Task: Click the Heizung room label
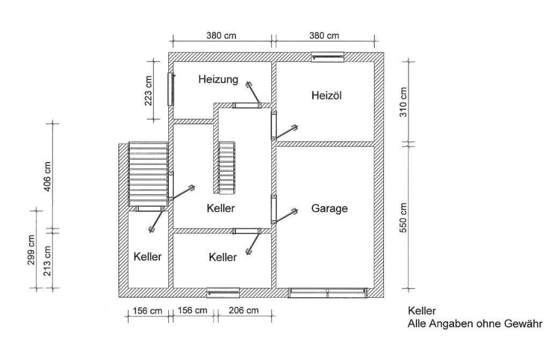pos(218,79)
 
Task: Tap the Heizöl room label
pos(327,95)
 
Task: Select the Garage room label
pos(329,208)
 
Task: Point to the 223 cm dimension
pos(149,90)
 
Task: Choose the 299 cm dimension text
pos(32,249)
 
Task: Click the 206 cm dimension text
pos(243,310)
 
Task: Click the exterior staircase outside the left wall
pos(149,173)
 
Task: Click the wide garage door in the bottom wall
pos(328,293)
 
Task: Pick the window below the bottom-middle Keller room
pos(223,292)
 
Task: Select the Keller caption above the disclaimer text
pos(422,311)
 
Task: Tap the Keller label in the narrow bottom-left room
pos(147,257)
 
